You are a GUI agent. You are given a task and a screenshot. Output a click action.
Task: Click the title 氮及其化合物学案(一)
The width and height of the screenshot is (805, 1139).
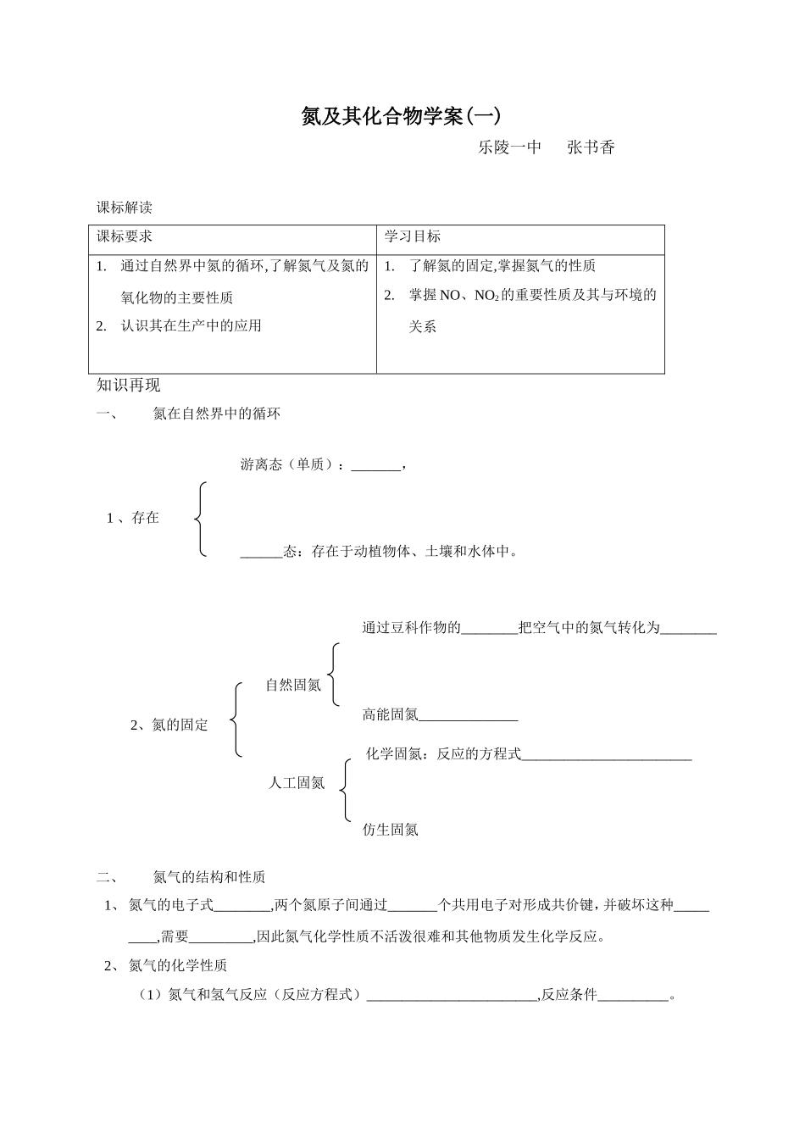pyautogui.click(x=402, y=116)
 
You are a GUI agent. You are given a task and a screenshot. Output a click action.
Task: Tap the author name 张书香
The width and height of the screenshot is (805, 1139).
pyautogui.click(x=591, y=147)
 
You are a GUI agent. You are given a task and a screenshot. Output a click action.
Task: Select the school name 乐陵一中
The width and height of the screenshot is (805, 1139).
pyautogui.click(x=509, y=147)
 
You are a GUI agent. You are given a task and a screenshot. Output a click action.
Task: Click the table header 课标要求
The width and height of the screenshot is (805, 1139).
pyautogui.click(x=125, y=236)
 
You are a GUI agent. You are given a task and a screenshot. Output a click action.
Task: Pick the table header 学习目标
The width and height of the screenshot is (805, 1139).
pyautogui.click(x=413, y=236)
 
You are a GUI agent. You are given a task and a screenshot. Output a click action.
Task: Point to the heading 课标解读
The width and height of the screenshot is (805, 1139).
pyautogui.click(x=125, y=208)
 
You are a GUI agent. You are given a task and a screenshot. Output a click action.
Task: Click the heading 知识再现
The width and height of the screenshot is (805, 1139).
pyautogui.click(x=129, y=386)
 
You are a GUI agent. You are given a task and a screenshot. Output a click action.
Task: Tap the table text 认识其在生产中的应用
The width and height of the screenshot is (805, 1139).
pyautogui.click(x=191, y=326)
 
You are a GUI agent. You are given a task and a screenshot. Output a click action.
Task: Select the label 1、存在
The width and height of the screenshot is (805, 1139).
pyautogui.click(x=133, y=518)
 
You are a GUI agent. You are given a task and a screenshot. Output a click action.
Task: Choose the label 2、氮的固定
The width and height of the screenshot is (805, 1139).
pyautogui.click(x=169, y=725)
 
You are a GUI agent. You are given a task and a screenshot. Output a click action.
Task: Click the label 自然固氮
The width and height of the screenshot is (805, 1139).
pyautogui.click(x=293, y=685)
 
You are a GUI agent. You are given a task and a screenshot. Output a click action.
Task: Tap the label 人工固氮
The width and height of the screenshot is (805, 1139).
pyautogui.click(x=297, y=783)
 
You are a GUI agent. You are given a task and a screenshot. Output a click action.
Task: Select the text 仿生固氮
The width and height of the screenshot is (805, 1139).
pyautogui.click(x=391, y=830)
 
